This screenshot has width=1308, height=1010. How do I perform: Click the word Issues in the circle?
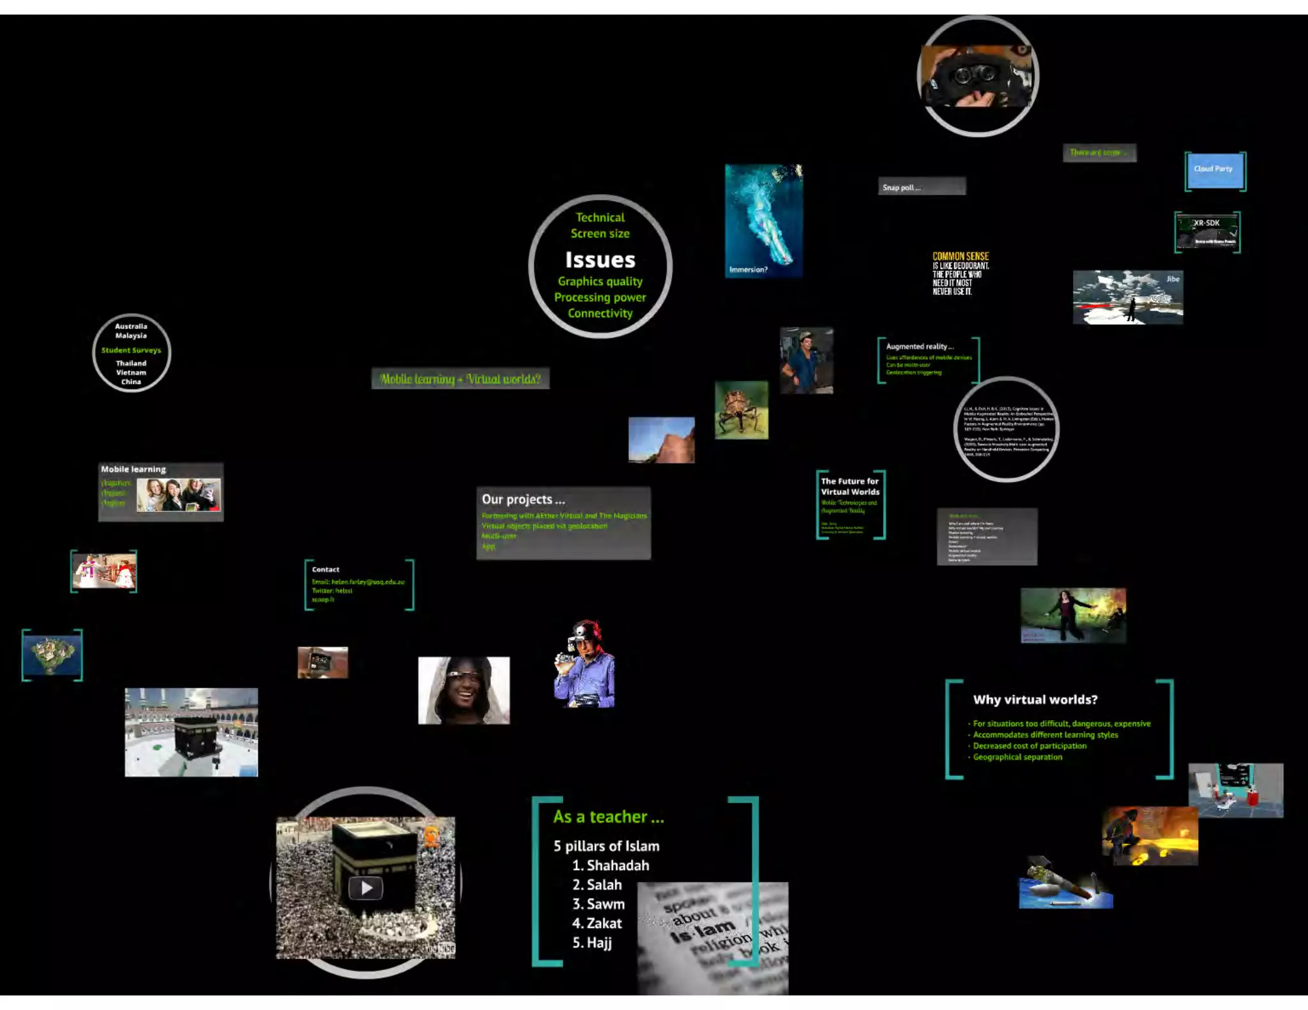click(x=600, y=260)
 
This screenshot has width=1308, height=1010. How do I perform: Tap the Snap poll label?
click(x=901, y=188)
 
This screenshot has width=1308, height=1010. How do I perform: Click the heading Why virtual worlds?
click(x=1035, y=700)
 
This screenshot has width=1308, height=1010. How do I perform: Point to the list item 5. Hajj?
click(x=592, y=943)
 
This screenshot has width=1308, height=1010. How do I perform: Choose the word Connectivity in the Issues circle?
click(x=600, y=313)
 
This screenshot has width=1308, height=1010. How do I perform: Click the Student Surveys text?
click(x=131, y=350)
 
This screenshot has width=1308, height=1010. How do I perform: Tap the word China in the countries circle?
click(x=131, y=382)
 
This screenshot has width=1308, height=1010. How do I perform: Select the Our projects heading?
click(x=523, y=500)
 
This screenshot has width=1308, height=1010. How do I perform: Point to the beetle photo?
click(x=741, y=411)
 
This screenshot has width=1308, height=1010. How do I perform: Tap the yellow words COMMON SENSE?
click(x=960, y=256)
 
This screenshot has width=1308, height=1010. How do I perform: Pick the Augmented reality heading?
click(x=920, y=347)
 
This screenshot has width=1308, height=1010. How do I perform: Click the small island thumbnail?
click(x=52, y=655)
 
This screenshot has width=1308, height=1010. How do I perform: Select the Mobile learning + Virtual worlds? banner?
click(x=460, y=379)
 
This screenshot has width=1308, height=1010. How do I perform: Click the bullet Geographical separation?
click(x=1017, y=757)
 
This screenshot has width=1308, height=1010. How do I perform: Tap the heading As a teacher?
click(x=608, y=817)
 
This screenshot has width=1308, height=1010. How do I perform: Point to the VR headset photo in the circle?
click(x=977, y=77)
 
